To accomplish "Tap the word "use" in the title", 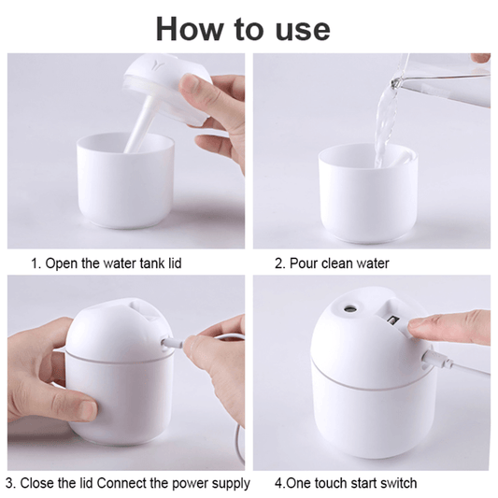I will click(296, 28).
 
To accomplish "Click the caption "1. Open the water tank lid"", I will click(106, 263).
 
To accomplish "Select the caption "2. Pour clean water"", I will click(332, 263).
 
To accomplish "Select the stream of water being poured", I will click(384, 126).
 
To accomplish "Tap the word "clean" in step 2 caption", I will click(335, 263).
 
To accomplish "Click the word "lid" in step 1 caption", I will click(170, 263).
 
